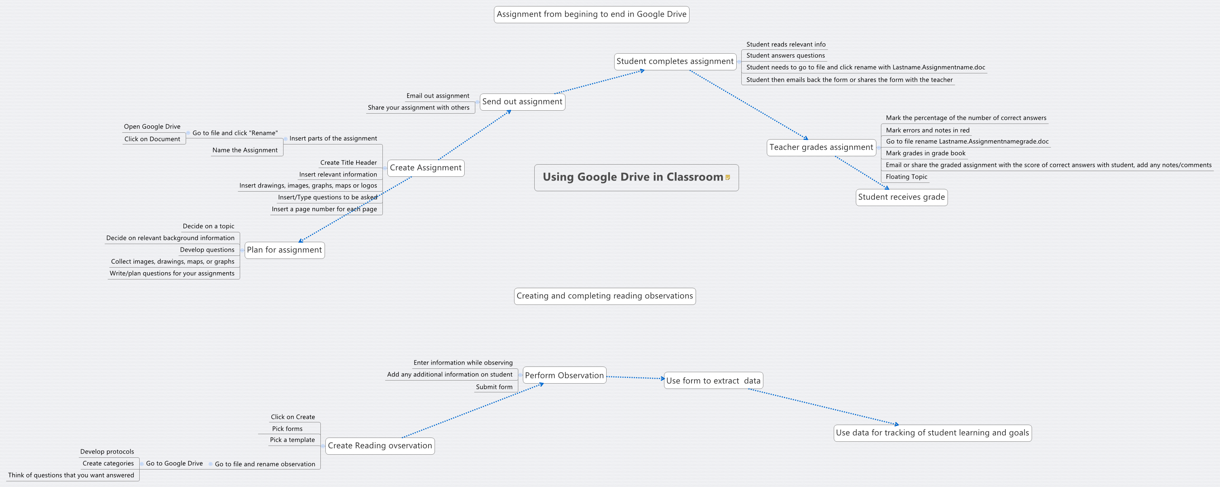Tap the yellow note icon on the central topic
coord(728,178)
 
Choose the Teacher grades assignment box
coord(821,147)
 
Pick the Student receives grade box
coord(901,197)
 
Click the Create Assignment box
coord(425,168)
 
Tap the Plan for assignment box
coord(284,250)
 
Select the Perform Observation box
coord(564,375)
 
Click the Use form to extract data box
coord(713,381)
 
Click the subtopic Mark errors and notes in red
coord(927,130)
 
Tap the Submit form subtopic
coord(494,387)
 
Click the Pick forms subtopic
coord(287,429)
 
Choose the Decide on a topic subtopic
coord(209,226)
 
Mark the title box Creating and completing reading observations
coord(604,296)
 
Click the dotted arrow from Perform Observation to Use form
coord(635,378)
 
